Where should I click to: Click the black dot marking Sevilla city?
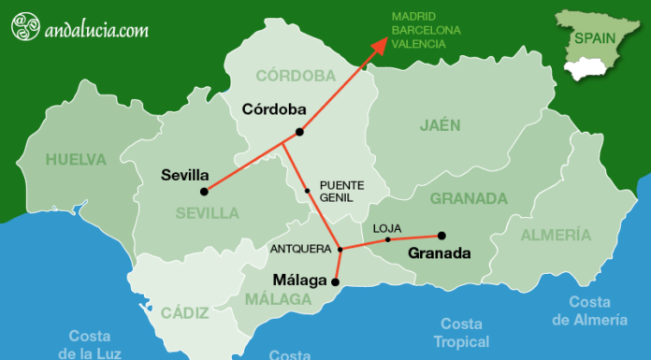point(204,191)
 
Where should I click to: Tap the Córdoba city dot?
point(298,132)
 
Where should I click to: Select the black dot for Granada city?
point(441,236)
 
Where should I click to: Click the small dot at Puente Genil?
point(307,191)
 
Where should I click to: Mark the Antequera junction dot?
point(340,249)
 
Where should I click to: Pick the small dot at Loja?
point(387,240)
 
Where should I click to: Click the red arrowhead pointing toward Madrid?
point(380,45)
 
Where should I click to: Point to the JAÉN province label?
point(441,124)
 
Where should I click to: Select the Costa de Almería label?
point(588,310)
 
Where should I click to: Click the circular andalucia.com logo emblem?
point(25,28)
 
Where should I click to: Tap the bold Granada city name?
point(440,253)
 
